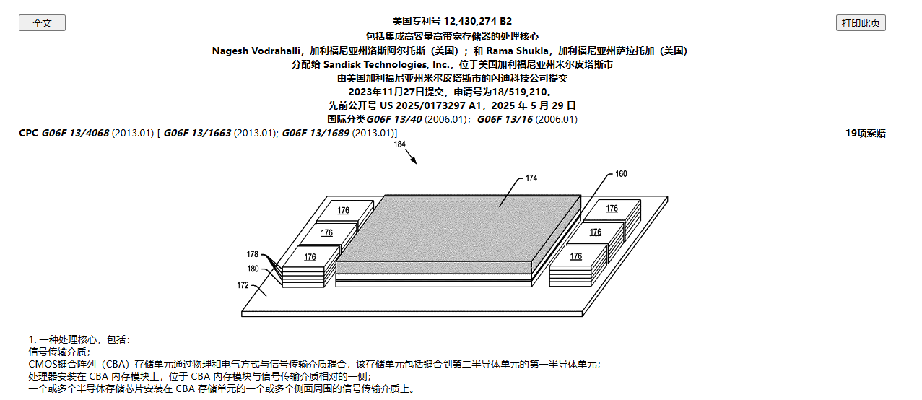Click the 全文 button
click(42, 23)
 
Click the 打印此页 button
click(861, 23)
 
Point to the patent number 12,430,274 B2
click(477, 21)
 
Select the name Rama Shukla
click(517, 51)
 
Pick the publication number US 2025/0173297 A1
click(430, 105)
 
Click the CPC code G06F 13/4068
click(75, 133)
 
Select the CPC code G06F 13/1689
click(316, 133)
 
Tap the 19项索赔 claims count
click(865, 134)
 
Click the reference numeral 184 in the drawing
click(400, 144)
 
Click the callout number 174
click(531, 178)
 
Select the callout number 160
click(621, 174)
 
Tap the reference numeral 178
click(252, 254)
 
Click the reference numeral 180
click(253, 269)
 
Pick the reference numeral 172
click(243, 285)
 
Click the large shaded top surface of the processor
click(458, 227)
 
